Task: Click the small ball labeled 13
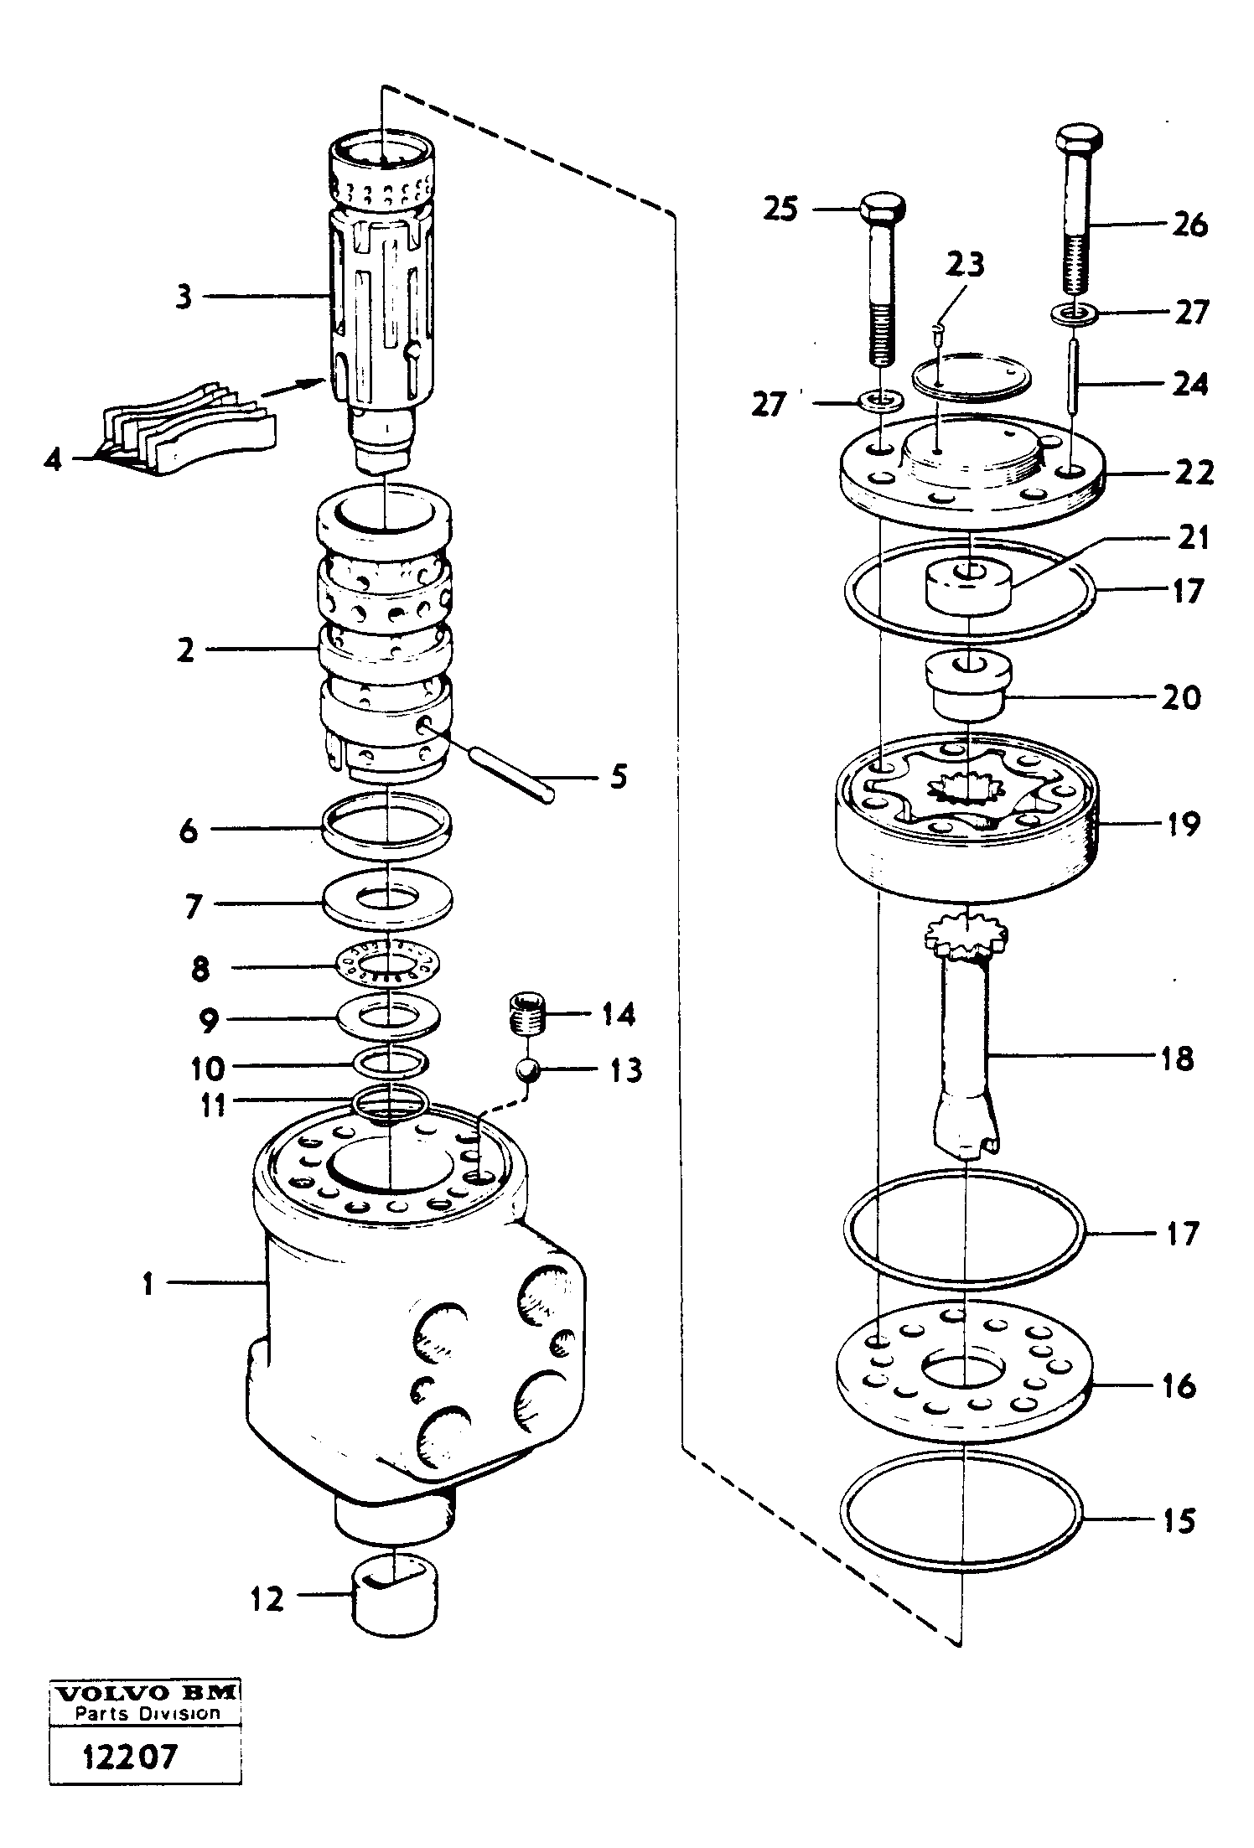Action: coord(526,1071)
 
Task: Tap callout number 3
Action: coord(184,297)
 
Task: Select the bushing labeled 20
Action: coord(970,684)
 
